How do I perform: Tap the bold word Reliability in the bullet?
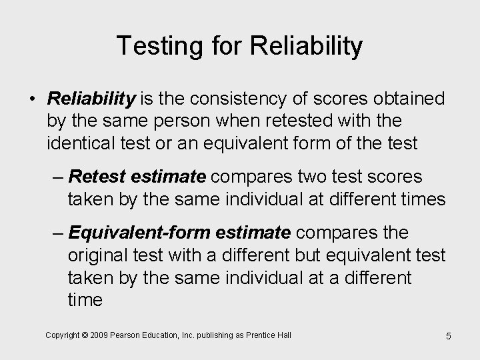(x=91, y=100)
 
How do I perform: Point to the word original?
(x=95, y=255)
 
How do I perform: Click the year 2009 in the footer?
(x=103, y=334)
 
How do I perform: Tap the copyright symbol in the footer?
(x=87, y=334)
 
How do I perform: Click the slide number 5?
(x=448, y=336)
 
